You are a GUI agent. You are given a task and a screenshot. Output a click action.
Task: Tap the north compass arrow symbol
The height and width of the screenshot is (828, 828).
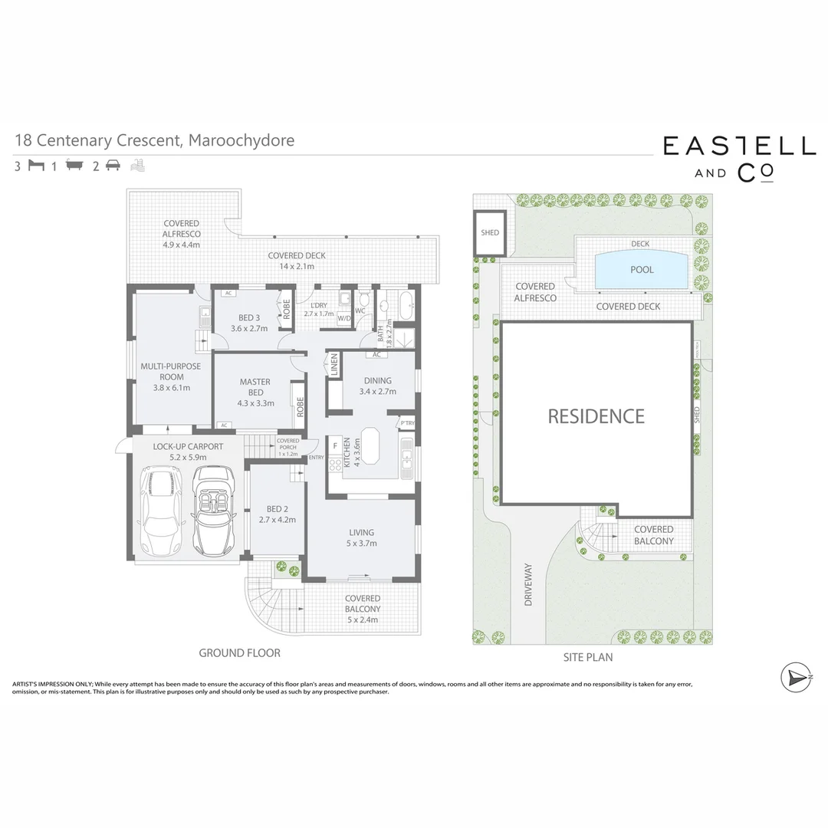tap(796, 678)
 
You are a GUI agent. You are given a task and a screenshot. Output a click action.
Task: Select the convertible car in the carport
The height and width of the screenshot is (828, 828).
tap(212, 512)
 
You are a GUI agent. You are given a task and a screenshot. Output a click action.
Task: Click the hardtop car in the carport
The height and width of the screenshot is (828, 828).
tap(160, 514)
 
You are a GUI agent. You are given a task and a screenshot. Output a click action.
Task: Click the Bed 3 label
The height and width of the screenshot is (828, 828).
tap(248, 323)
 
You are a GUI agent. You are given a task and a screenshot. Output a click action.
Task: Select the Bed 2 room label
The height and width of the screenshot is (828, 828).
tap(277, 514)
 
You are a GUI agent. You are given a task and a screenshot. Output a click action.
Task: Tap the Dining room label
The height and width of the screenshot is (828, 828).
tap(377, 386)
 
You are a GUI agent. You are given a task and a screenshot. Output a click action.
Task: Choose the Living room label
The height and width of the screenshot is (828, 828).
tap(361, 537)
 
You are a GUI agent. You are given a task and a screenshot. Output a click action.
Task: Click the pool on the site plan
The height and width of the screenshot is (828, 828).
tap(641, 270)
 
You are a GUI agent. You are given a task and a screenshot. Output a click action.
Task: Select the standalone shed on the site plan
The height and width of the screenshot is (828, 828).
tap(489, 232)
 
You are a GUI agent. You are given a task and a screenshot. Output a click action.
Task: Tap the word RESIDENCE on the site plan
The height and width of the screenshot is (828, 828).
tap(596, 416)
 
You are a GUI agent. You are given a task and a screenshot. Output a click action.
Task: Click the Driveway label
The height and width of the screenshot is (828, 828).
tap(528, 585)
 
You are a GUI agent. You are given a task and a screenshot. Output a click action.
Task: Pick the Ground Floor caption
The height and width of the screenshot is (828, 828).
tap(239, 653)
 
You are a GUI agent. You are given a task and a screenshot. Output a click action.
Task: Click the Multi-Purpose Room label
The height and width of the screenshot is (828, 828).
tap(170, 376)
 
